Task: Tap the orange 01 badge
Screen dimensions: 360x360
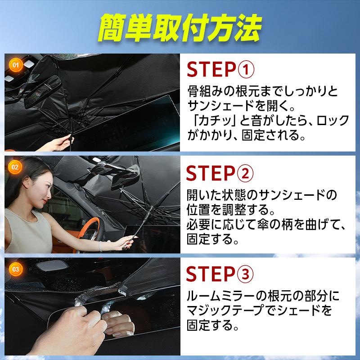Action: pyautogui.click(x=16, y=65)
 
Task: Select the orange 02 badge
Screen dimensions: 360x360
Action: pyautogui.click(x=15, y=167)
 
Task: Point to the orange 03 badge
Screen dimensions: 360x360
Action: pyautogui.click(x=15, y=269)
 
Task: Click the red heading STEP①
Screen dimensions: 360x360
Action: pyautogui.click(x=220, y=69)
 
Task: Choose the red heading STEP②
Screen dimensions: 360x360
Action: pyautogui.click(x=220, y=173)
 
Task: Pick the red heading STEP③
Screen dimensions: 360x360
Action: pyautogui.click(x=220, y=274)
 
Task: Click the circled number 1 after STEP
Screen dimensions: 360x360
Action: pyautogui.click(x=246, y=70)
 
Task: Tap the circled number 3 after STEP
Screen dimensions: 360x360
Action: pyautogui.click(x=245, y=274)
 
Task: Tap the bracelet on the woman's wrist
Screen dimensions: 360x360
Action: pyautogui.click(x=100, y=246)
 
